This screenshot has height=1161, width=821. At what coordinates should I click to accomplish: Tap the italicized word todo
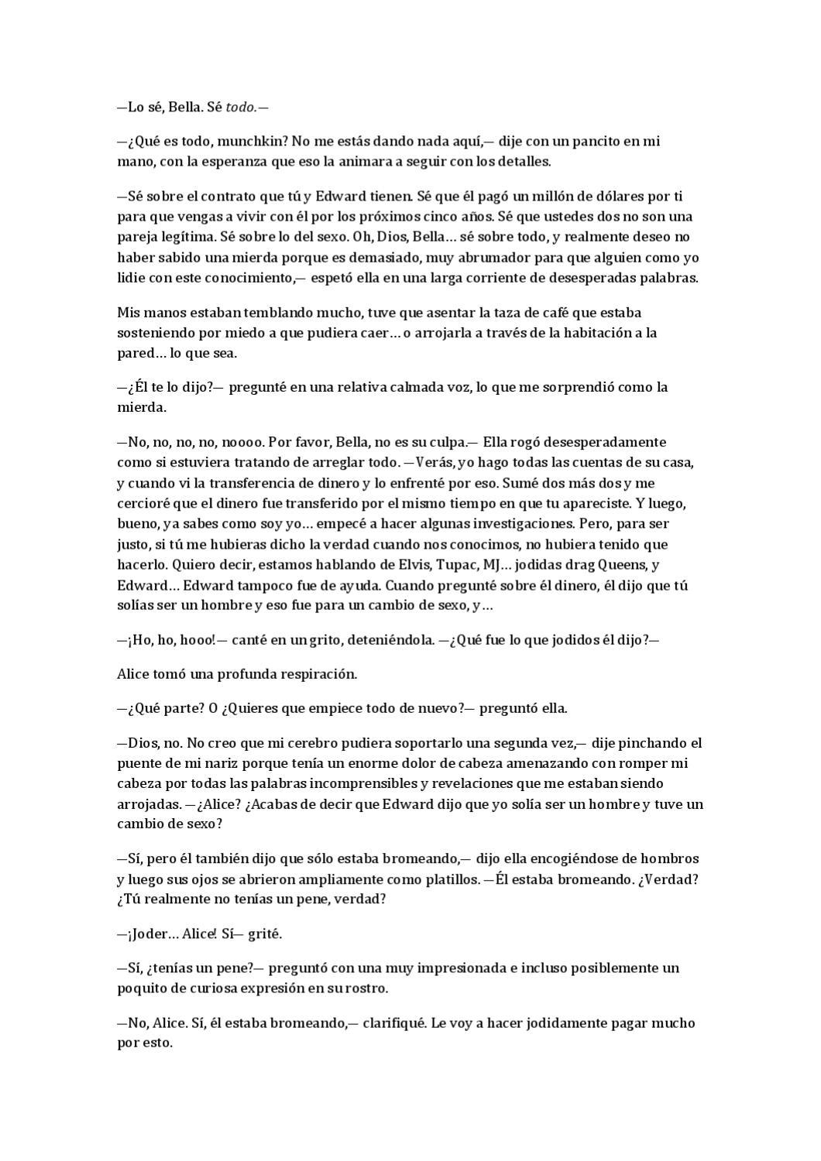(241, 108)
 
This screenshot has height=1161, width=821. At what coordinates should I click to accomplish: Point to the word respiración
(314, 674)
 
